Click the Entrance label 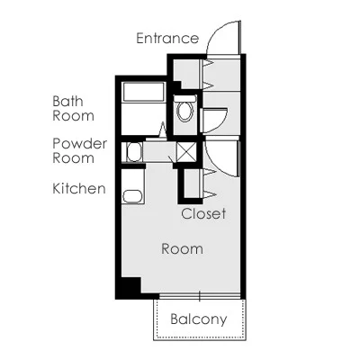(167, 39)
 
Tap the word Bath (67, 102)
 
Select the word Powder (80, 144)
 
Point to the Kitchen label (79, 188)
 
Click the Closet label (203, 213)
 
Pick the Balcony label (199, 319)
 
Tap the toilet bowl (185, 112)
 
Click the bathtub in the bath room (143, 92)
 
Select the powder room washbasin (134, 152)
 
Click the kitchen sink (132, 197)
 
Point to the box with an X (186, 152)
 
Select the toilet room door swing (221, 124)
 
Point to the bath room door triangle (162, 130)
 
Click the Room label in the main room (182, 249)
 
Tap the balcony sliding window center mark (199, 296)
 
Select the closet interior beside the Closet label (192, 184)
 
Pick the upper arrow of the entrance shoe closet (208, 63)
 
